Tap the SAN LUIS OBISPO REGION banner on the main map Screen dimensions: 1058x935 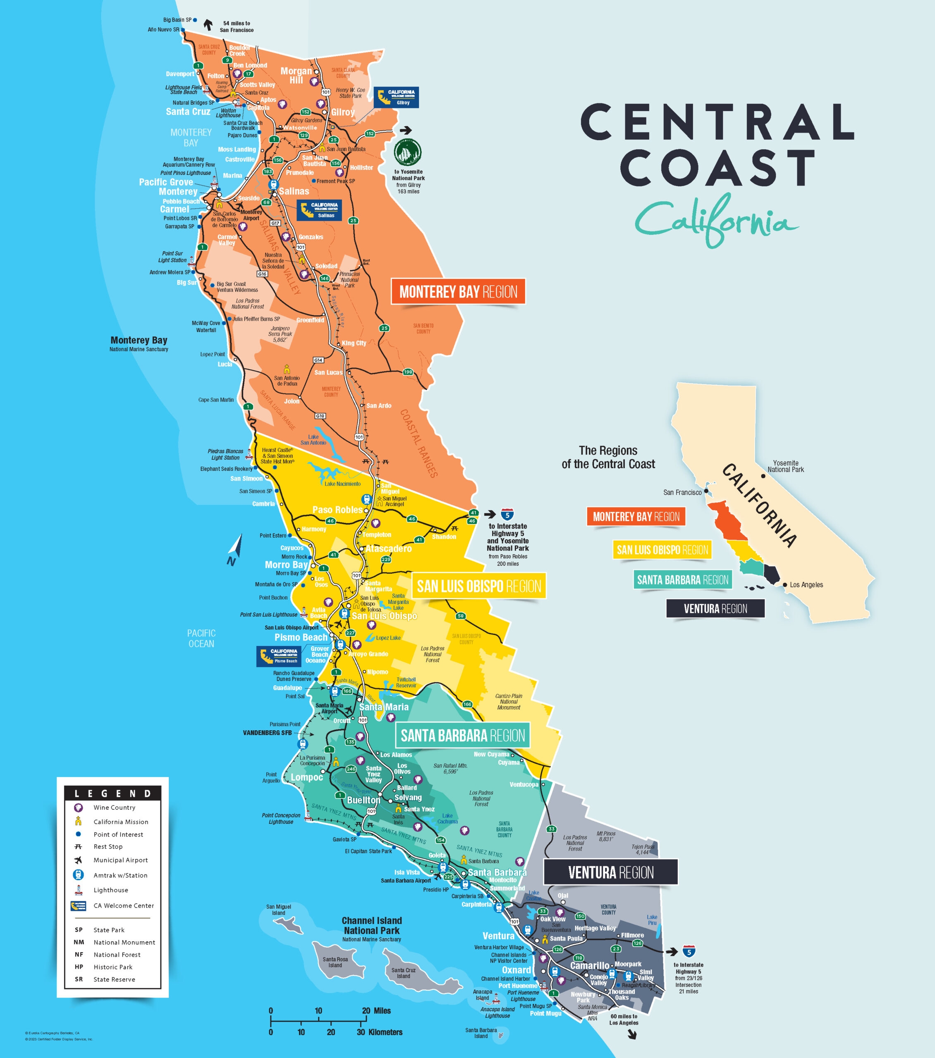[478, 586]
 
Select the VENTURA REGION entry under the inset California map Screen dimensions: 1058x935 [715, 609]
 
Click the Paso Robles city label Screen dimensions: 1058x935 [337, 510]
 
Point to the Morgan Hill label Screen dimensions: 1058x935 [297, 76]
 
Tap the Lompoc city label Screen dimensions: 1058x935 [307, 777]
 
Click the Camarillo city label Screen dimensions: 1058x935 [589, 965]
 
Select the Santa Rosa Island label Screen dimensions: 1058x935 [335, 962]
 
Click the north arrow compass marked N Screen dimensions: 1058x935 [235, 550]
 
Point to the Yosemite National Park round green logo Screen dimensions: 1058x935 [408, 152]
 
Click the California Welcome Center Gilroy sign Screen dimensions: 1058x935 [396, 97]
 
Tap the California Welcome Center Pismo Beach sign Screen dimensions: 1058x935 [279, 656]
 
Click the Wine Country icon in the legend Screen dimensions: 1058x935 [78, 808]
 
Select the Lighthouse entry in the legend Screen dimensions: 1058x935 [110, 890]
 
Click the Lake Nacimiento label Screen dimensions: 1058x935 [342, 484]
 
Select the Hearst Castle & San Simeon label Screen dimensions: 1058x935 [277, 455]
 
